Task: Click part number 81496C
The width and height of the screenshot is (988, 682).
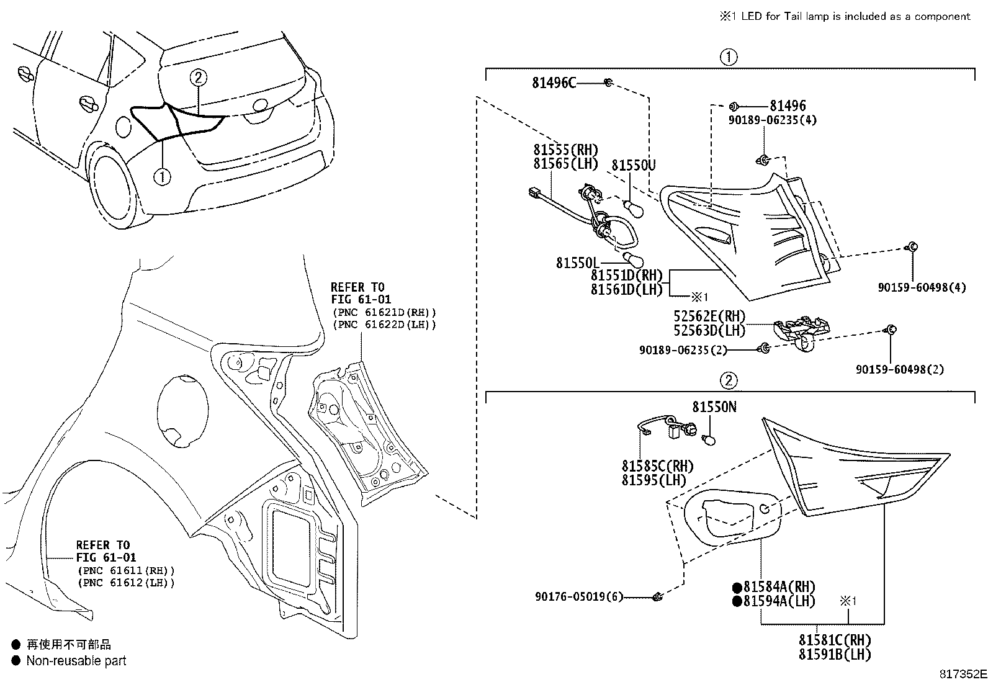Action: click(554, 83)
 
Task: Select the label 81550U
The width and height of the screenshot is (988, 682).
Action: click(633, 165)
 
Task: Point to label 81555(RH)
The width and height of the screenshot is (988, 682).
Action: click(565, 150)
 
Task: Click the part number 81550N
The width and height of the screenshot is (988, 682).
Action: click(714, 407)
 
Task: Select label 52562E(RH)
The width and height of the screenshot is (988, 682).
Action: click(709, 316)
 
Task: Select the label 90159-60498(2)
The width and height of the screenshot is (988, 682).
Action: click(899, 370)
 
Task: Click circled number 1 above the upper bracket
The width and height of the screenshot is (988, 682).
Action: click(728, 58)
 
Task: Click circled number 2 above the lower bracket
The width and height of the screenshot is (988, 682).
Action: click(728, 380)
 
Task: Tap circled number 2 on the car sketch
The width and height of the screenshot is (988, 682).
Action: click(198, 78)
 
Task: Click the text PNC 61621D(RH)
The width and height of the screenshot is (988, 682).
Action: click(384, 312)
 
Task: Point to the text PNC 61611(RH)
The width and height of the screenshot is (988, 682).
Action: click(126, 570)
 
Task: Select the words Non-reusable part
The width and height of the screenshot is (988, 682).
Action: click(76, 661)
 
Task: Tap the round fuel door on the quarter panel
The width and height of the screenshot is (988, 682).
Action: click(182, 410)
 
